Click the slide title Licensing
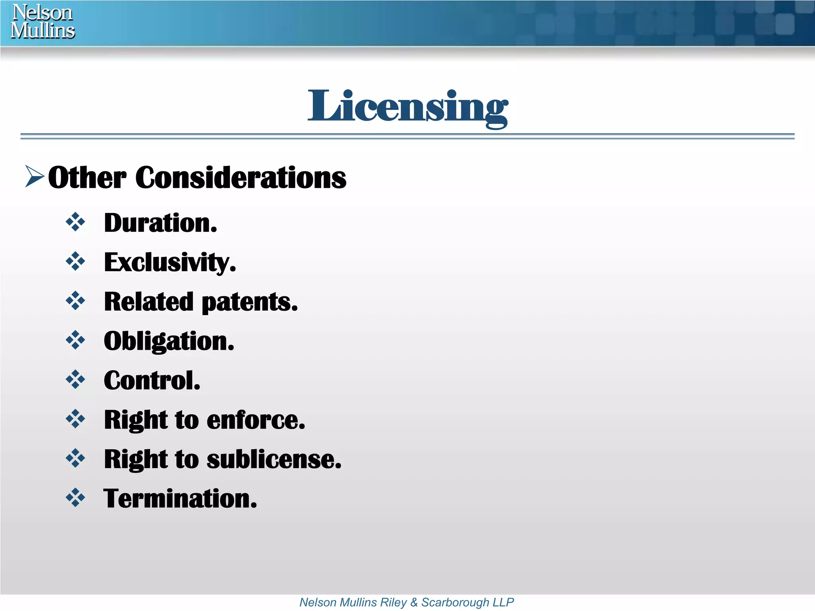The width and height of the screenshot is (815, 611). [407, 106]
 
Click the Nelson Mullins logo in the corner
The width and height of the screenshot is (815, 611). [43, 21]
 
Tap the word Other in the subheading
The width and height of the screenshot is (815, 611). [87, 177]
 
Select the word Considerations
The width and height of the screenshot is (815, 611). [241, 177]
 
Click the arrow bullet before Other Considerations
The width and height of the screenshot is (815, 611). [34, 176]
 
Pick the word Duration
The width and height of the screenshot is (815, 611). [160, 223]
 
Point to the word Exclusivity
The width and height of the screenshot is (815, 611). [170, 263]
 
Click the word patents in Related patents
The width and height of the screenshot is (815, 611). [250, 302]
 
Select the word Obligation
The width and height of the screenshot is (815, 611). [169, 341]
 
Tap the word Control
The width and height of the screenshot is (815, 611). [152, 381]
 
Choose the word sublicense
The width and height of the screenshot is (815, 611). [274, 459]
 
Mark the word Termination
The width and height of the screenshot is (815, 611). [180, 498]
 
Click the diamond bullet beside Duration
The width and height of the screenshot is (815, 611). [75, 222]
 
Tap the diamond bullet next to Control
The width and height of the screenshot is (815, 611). [75, 379]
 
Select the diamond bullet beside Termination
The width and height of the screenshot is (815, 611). [75, 498]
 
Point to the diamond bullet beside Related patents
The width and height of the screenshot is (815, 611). [75, 301]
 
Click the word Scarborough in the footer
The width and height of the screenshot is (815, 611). [455, 602]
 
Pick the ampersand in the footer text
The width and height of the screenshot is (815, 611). [414, 602]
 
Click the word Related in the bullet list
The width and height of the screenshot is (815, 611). [149, 302]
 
